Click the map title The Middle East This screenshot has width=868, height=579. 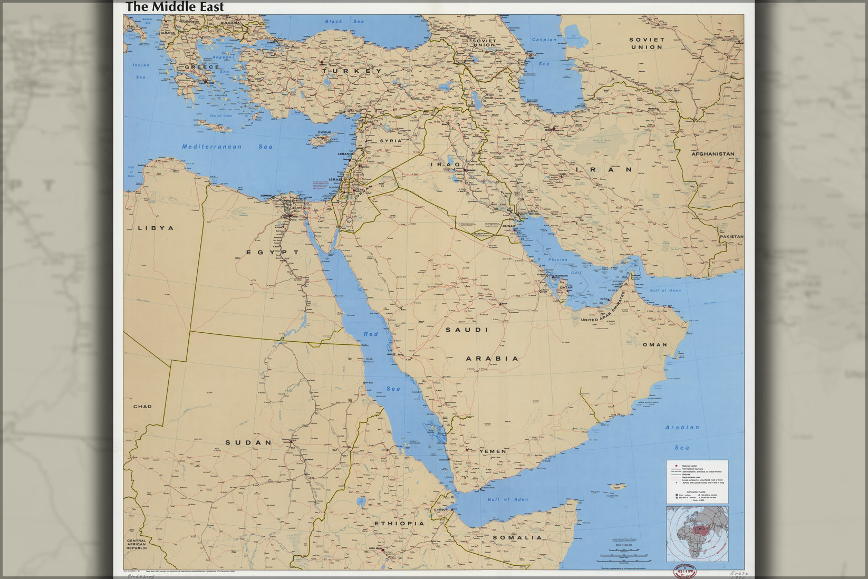175,7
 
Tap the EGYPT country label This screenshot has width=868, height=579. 273,253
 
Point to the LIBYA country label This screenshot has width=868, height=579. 156,228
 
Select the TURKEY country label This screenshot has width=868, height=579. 352,71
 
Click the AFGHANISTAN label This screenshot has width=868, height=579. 713,154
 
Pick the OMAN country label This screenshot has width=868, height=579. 654,345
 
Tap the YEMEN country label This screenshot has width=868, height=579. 493,451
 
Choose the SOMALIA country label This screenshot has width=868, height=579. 517,538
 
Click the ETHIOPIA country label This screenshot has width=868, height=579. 399,524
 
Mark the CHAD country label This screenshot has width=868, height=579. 142,407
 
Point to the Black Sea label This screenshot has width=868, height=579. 344,22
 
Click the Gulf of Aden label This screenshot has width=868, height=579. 507,499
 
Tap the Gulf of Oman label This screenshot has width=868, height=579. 665,291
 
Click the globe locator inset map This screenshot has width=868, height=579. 697,533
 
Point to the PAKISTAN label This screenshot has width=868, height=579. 731,237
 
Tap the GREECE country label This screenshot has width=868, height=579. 202,67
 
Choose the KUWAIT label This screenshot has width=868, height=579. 509,226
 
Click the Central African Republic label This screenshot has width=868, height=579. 137,545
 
